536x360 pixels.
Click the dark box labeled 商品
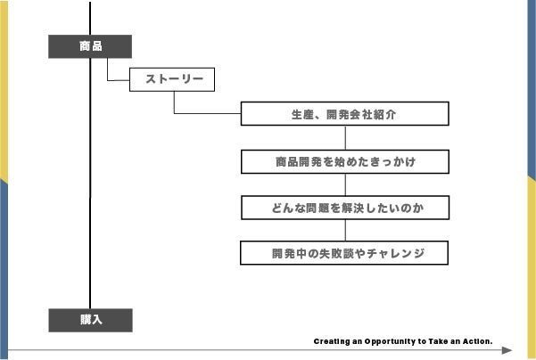[90, 46]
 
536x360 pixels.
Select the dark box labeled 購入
[90, 320]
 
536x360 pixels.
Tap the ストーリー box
[173, 80]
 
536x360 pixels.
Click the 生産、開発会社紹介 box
[344, 115]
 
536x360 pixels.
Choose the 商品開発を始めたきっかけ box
[344, 162]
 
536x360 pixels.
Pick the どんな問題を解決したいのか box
[344, 208]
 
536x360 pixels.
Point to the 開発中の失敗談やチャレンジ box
[344, 253]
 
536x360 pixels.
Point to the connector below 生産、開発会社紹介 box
[344, 137]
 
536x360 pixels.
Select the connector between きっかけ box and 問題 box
[344, 184]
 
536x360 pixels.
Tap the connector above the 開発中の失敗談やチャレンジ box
[344, 230]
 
